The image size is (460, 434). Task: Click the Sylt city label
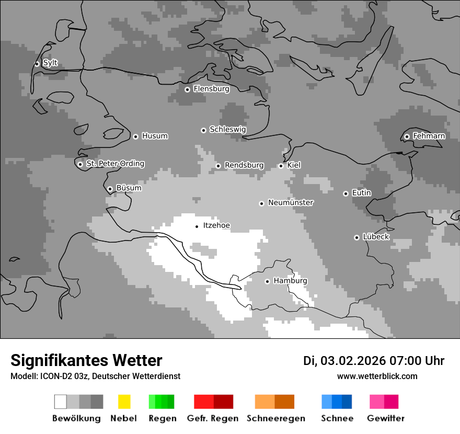coord(50,63)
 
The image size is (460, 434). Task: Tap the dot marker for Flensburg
coord(187,89)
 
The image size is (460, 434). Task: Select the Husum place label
coord(155,136)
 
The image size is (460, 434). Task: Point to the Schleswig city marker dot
coord(203,130)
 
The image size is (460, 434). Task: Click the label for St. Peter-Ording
coord(115,164)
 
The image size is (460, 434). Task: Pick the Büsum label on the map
coord(129,188)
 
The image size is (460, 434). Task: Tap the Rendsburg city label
coord(244,165)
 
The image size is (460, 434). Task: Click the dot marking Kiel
coord(281,166)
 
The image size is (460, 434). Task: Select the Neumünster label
coord(291,202)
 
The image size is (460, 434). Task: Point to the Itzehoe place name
coord(216,226)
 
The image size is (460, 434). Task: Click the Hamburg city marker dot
coord(267,281)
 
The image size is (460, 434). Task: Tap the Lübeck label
coord(376,237)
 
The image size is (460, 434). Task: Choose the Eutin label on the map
coord(361,193)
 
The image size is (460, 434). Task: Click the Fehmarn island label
coord(429,136)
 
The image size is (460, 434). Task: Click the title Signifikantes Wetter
coord(86,360)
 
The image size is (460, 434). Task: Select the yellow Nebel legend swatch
coord(124,402)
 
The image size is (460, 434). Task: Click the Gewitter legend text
coord(385,418)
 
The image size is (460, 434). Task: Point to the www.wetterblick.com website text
coord(377,376)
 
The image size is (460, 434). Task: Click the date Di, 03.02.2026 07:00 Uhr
coord(374,361)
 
